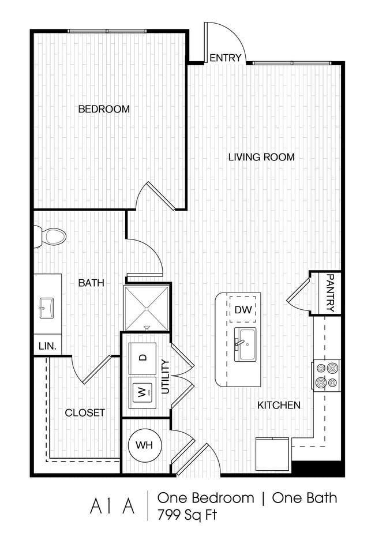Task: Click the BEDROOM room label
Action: [x=104, y=108]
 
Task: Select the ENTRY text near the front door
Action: [x=224, y=58]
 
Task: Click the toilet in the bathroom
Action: [x=51, y=236]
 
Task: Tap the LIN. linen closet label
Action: [x=47, y=346]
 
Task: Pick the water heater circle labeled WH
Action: [x=144, y=445]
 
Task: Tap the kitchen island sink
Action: [x=245, y=344]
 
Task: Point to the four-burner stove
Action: [x=326, y=374]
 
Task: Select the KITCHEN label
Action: [x=279, y=405]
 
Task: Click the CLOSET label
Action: [x=85, y=413]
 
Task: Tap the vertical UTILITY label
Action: [x=166, y=376]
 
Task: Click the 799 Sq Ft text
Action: [x=186, y=515]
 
